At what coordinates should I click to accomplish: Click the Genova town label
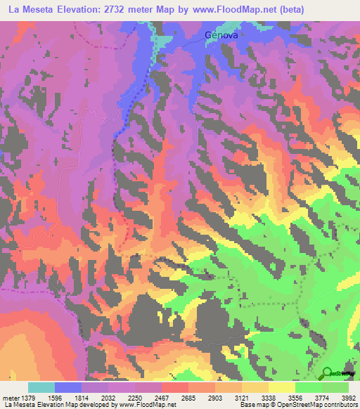coord(221,34)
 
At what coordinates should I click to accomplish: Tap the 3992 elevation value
coord(349,398)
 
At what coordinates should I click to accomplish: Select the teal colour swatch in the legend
coord(41,387)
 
